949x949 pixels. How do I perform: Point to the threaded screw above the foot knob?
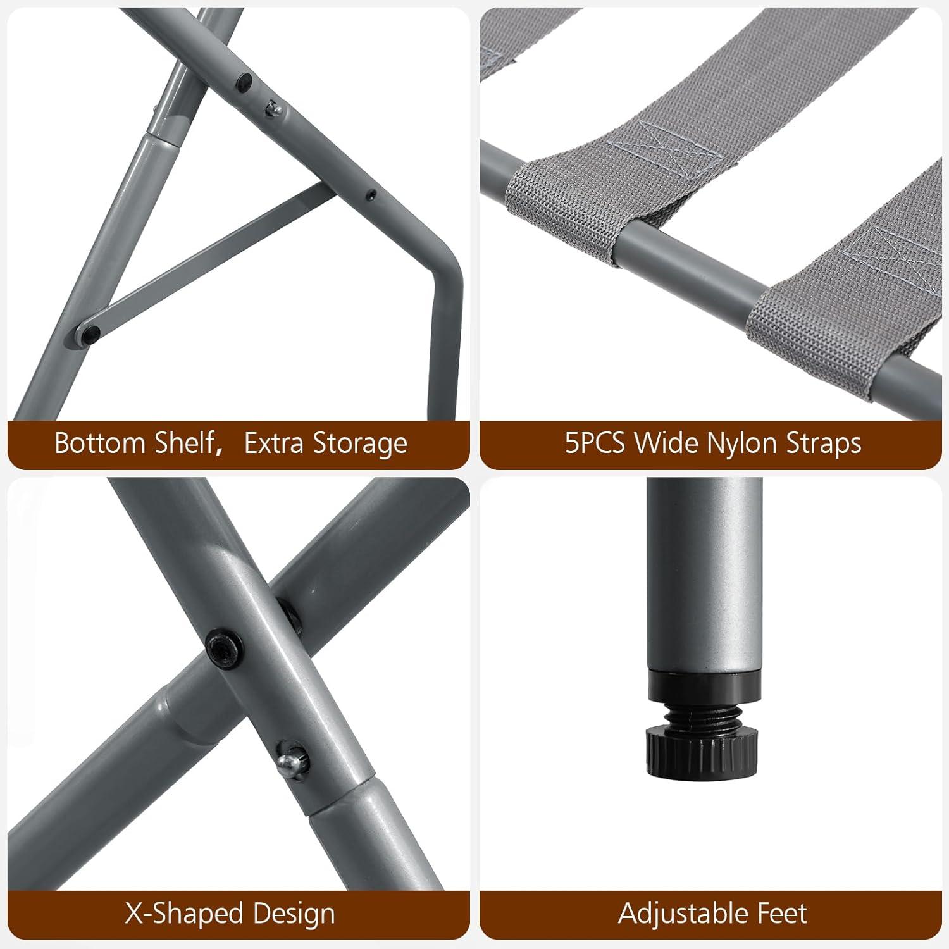(702, 714)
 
